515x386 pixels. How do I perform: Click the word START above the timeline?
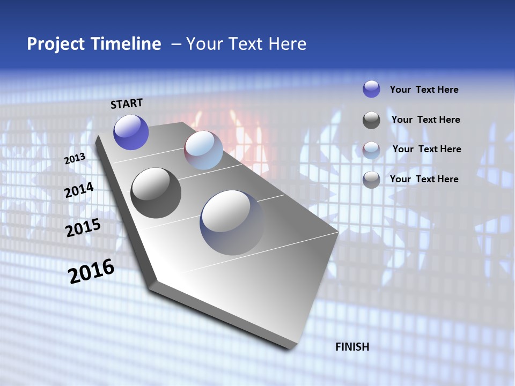click(x=127, y=103)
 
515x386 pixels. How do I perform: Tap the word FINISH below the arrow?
click(x=352, y=347)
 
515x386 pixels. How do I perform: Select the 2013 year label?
click(x=75, y=159)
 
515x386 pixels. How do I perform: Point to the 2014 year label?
click(x=79, y=190)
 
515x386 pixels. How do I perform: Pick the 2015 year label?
click(x=83, y=227)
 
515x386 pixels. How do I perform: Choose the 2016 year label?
click(x=91, y=271)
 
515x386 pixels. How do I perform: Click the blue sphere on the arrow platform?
click(x=131, y=132)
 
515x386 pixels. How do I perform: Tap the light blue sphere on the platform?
click(x=203, y=150)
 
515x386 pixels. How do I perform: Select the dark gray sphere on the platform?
click(x=156, y=192)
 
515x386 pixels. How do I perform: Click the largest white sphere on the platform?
click(x=232, y=222)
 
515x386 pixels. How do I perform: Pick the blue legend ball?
click(x=371, y=89)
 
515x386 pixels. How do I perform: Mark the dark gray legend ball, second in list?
click(x=371, y=120)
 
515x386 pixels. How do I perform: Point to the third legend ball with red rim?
click(x=371, y=150)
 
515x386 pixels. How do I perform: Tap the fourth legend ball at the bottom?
click(x=371, y=180)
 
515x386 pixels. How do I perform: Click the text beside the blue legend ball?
click(x=424, y=90)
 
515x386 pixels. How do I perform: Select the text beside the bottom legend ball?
click(x=424, y=179)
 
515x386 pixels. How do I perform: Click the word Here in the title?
click(x=287, y=44)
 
